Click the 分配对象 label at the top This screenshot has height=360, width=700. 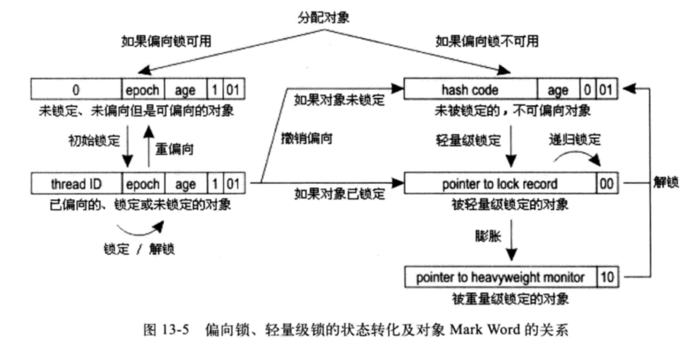click(x=323, y=18)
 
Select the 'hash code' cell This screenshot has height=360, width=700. click(x=470, y=90)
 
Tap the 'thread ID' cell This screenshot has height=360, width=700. click(x=76, y=184)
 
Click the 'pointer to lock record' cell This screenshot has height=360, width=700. click(x=500, y=184)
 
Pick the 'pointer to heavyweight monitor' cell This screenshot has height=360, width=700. click(x=500, y=278)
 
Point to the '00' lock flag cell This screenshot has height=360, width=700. click(x=607, y=184)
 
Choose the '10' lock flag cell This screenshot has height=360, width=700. click(x=607, y=278)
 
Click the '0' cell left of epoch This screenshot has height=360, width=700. click(x=76, y=90)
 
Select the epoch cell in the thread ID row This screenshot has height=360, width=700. click(x=143, y=184)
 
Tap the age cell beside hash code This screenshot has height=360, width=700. click(x=558, y=90)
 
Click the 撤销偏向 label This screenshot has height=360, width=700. click(x=307, y=139)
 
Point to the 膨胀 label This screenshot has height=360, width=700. click(x=488, y=236)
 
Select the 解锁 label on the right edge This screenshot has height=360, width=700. click(x=666, y=182)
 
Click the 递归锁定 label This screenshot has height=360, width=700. click(x=574, y=139)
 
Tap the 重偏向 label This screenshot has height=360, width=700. click(x=174, y=149)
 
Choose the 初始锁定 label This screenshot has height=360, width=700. click(x=94, y=140)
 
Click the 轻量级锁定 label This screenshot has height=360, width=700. click(x=468, y=140)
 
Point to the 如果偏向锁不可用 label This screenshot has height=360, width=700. click(x=487, y=41)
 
